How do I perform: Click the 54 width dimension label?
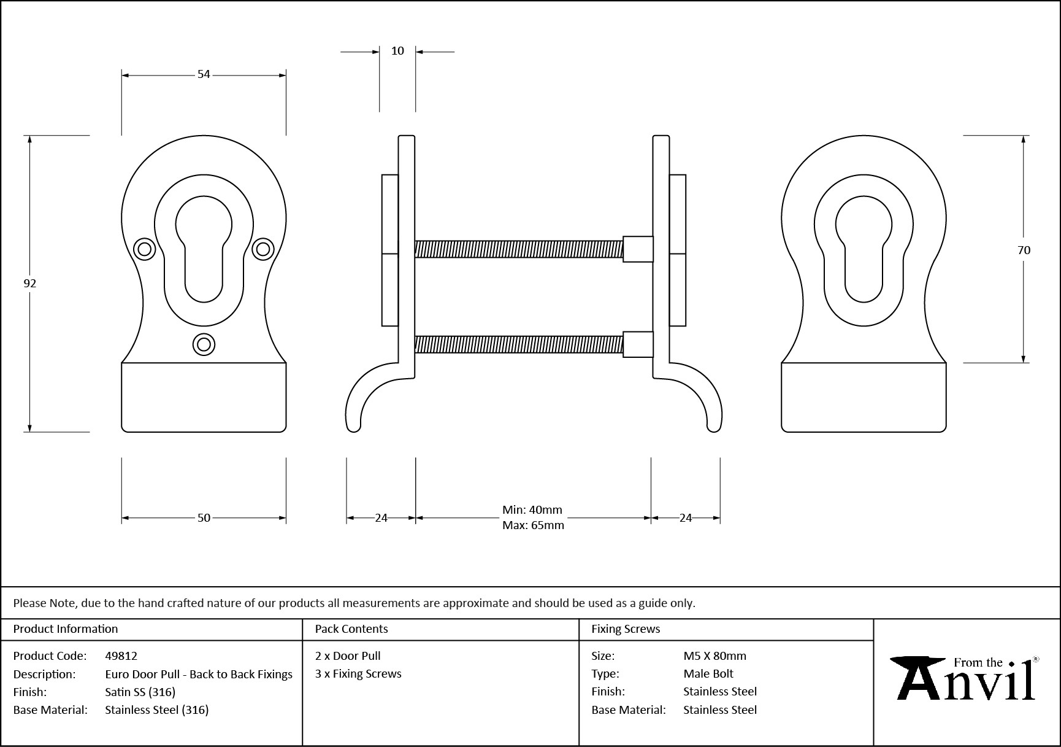tap(204, 74)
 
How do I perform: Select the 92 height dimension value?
tap(29, 283)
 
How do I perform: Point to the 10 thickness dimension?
tap(397, 51)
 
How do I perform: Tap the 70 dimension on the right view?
tap(1024, 250)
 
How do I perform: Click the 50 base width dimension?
tap(204, 518)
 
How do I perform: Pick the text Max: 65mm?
tap(533, 525)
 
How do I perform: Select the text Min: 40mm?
tap(532, 510)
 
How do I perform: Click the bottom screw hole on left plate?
tap(204, 344)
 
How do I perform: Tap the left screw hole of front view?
tap(145, 249)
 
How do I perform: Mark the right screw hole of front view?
tap(263, 249)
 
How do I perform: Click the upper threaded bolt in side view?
tap(518, 249)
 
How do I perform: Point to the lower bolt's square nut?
tap(638, 344)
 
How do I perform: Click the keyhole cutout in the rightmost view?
tap(864, 249)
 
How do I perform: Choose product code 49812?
tap(121, 656)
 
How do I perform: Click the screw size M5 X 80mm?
tap(714, 656)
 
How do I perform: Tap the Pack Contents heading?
tap(351, 629)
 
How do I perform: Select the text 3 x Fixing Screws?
tap(358, 674)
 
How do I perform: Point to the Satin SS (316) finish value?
tap(140, 692)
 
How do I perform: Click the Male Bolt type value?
tap(708, 674)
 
